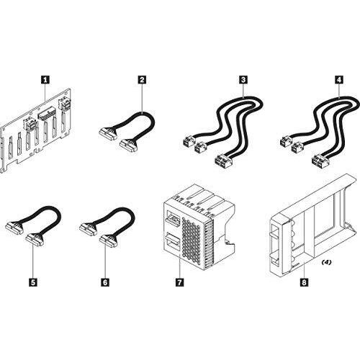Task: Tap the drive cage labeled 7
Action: click(x=194, y=223)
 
